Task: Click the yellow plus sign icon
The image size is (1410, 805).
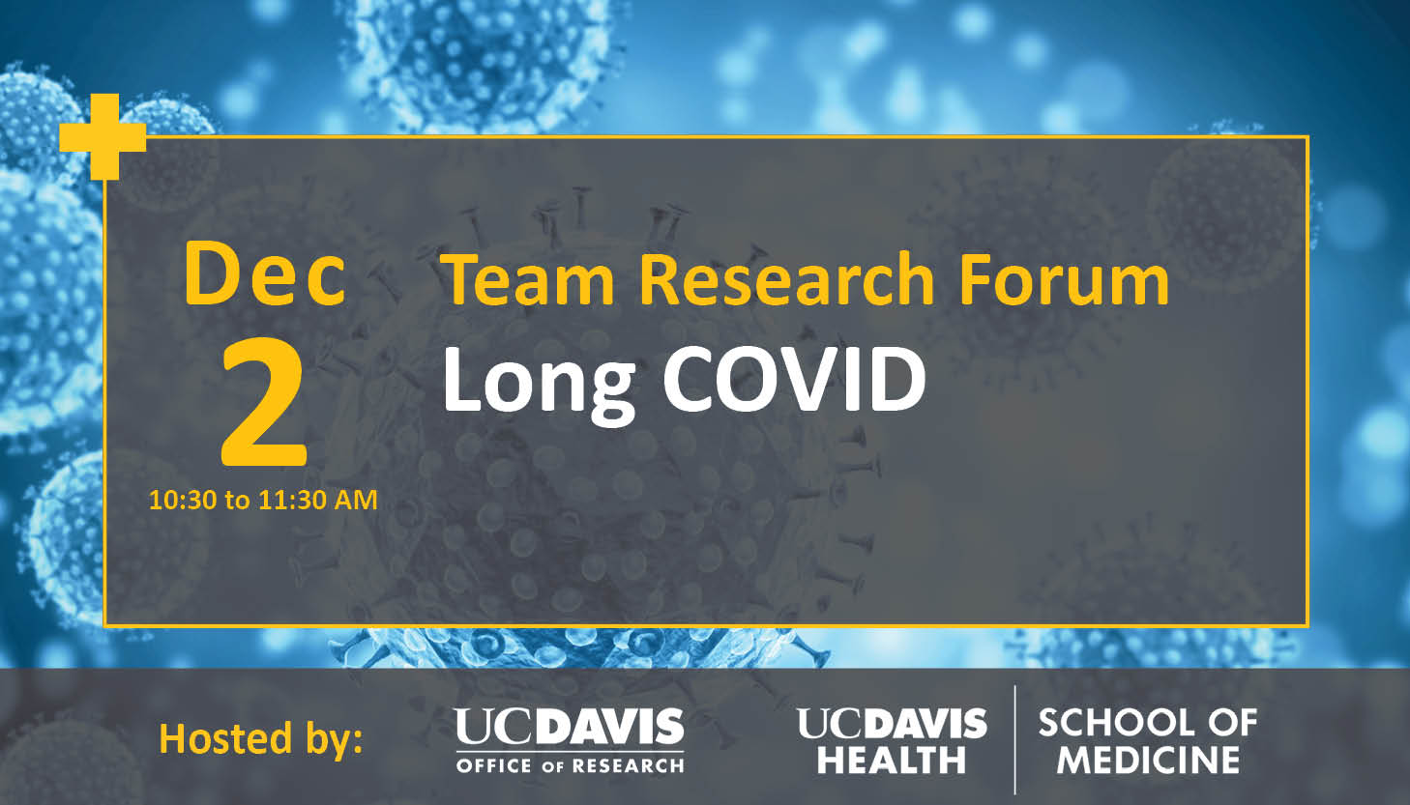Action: pyautogui.click(x=103, y=137)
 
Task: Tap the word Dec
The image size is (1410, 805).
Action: pyautogui.click(x=265, y=274)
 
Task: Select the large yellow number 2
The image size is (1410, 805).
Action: pyautogui.click(x=264, y=402)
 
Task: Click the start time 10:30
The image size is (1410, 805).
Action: pyautogui.click(x=183, y=501)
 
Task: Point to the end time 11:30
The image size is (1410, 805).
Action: pyautogui.click(x=292, y=501)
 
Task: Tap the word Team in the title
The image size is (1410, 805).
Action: pyautogui.click(x=527, y=279)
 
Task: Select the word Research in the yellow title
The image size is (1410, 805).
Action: pyautogui.click(x=786, y=279)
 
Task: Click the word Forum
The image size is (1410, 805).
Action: pyautogui.click(x=1064, y=279)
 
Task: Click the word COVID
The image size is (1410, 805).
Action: pyautogui.click(x=794, y=379)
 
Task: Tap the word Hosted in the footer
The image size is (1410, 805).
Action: pyautogui.click(x=225, y=738)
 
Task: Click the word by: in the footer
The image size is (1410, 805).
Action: pyautogui.click(x=335, y=739)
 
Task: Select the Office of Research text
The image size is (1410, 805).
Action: pyautogui.click(x=570, y=765)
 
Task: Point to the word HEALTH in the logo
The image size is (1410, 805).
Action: pyautogui.click(x=891, y=760)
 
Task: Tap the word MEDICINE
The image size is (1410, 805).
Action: pyautogui.click(x=1148, y=760)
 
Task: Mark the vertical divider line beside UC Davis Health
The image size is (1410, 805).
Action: pyautogui.click(x=1014, y=740)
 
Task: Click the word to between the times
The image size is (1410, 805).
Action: pyautogui.click(x=238, y=502)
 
